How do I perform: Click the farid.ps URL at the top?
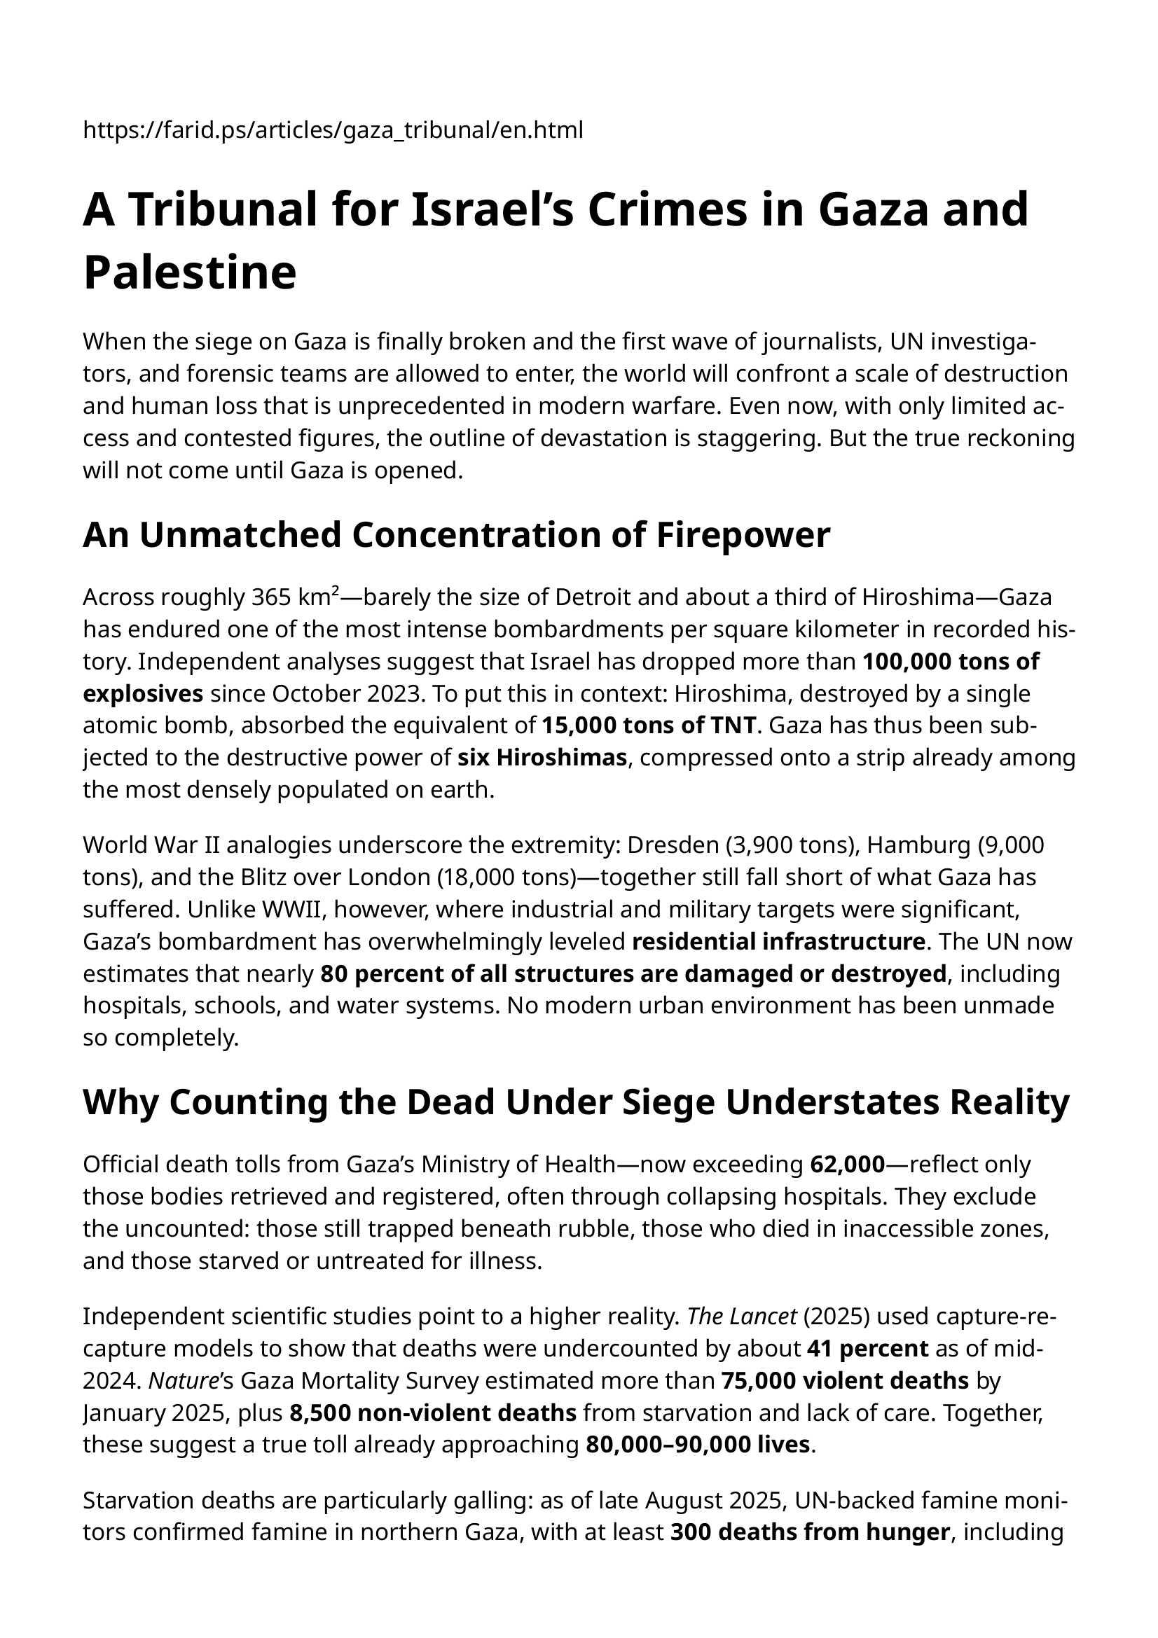coord(333,130)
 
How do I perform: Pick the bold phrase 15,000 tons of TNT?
coord(649,726)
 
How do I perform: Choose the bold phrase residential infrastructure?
coord(778,942)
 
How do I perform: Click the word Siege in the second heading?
coord(668,1102)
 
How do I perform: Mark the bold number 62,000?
coord(848,1165)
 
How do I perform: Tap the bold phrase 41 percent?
coord(867,1348)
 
